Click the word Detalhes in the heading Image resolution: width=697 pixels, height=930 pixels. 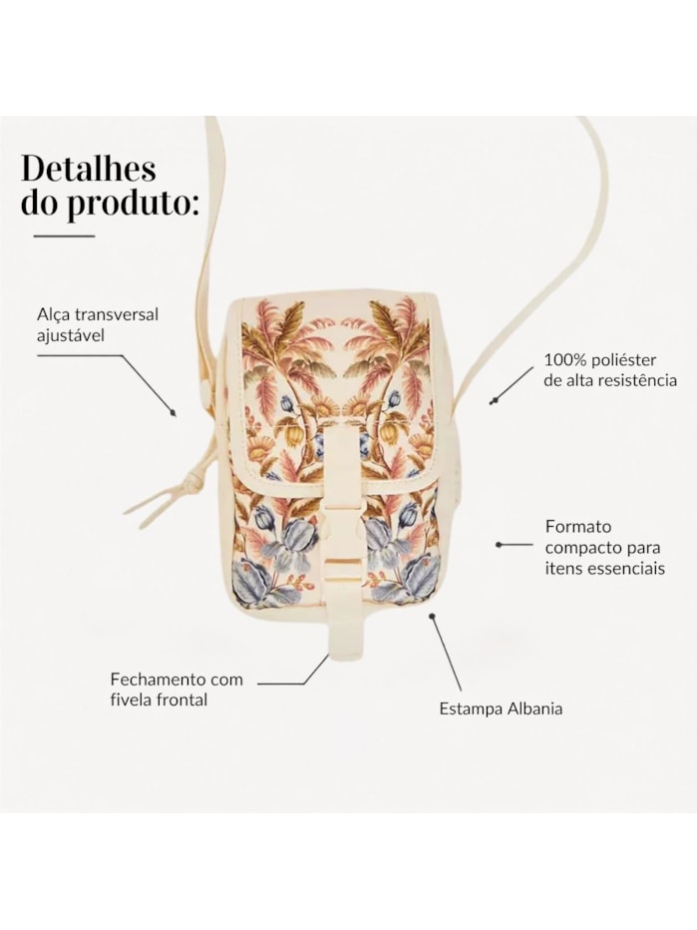click(89, 169)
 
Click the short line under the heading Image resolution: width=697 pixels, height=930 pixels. click(64, 235)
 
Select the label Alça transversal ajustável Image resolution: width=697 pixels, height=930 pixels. click(98, 324)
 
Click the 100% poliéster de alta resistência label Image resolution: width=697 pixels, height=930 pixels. click(610, 369)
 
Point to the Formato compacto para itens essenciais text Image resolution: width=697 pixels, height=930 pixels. click(605, 547)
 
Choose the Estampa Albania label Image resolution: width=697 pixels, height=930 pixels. click(501, 708)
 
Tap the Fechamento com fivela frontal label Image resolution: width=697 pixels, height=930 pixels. click(176, 690)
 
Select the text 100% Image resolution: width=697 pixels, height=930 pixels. click(561, 360)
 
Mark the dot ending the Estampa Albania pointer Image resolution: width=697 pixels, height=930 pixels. click(433, 617)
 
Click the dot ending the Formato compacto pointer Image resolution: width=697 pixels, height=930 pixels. click(499, 544)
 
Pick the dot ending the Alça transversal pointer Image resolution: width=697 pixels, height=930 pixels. click(174, 413)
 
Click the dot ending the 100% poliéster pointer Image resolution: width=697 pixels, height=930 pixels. click(492, 403)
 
